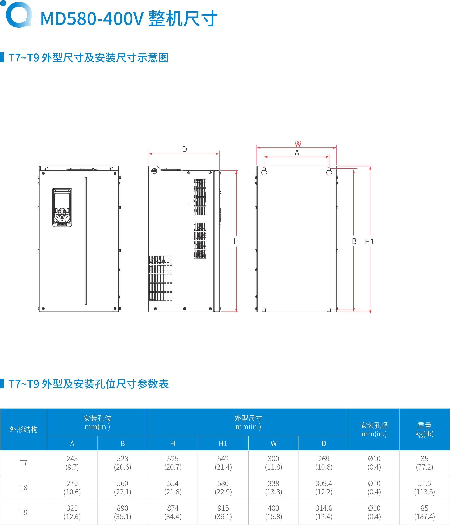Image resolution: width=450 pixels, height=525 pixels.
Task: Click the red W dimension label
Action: click(298, 144)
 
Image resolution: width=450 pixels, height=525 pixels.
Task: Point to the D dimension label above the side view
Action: click(184, 150)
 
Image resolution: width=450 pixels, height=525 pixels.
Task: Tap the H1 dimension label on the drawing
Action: click(369, 242)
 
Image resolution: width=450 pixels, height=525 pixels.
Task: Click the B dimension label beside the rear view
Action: click(354, 241)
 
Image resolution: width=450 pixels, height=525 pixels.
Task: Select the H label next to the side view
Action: click(236, 241)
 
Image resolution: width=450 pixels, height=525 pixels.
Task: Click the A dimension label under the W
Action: click(297, 152)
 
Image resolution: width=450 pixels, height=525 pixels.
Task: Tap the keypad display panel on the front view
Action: click(62, 207)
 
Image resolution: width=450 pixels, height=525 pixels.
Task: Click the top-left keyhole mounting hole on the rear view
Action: click(264, 171)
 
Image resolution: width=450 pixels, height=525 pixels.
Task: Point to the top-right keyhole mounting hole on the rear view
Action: click(329, 171)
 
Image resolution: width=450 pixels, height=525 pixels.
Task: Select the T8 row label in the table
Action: click(24, 487)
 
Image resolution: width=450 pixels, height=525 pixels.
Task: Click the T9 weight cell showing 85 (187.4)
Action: click(424, 512)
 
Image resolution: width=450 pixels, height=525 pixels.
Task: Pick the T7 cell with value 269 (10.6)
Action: click(324, 463)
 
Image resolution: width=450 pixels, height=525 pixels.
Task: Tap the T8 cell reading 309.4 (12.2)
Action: click(324, 487)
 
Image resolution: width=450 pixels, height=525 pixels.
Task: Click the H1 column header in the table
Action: click(223, 443)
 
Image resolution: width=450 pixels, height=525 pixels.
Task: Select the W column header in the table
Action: click(273, 443)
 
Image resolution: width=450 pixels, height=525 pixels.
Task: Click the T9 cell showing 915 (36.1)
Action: click(223, 512)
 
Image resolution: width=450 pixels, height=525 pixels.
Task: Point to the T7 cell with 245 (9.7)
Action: click(72, 463)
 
